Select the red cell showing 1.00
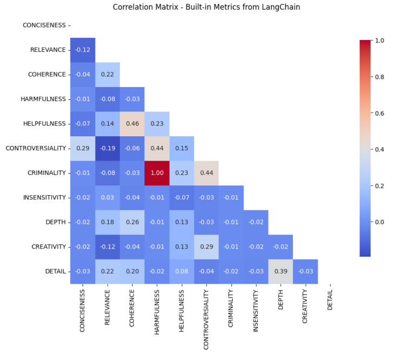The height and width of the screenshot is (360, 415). click(157, 172)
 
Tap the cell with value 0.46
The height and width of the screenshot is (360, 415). click(132, 123)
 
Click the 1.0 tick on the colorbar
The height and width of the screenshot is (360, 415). click(379, 41)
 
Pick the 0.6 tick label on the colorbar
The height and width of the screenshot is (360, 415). click(379, 113)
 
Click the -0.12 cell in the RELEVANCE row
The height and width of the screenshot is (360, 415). click(83, 50)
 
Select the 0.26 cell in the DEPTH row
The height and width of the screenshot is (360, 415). click(132, 222)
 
